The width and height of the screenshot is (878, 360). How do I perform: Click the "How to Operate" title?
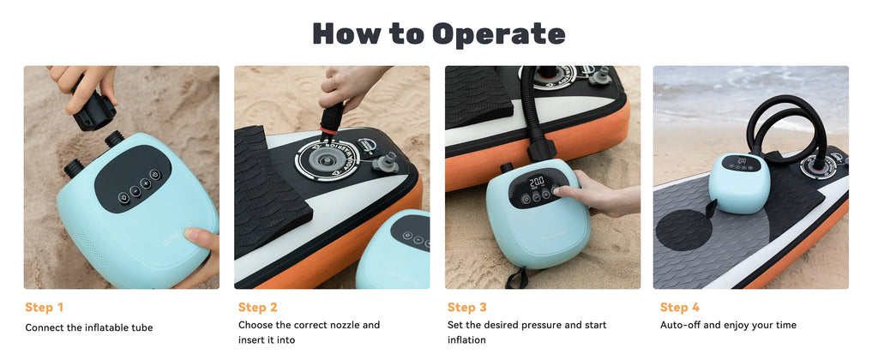pyautogui.click(x=438, y=33)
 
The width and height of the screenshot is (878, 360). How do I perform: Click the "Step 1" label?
pyautogui.click(x=45, y=308)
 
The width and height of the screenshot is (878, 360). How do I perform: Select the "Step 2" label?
pyautogui.click(x=258, y=308)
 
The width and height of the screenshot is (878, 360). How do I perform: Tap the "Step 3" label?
pyautogui.click(x=467, y=308)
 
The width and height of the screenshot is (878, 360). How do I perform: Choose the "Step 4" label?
pyautogui.click(x=680, y=308)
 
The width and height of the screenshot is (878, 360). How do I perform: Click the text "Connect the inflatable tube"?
pyautogui.click(x=89, y=327)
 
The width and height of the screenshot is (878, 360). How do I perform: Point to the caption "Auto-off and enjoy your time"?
pyautogui.click(x=727, y=326)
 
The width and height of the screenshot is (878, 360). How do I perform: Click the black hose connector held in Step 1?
pyautogui.click(x=93, y=111)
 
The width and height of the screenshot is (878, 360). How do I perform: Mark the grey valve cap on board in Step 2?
pyautogui.click(x=382, y=161)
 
